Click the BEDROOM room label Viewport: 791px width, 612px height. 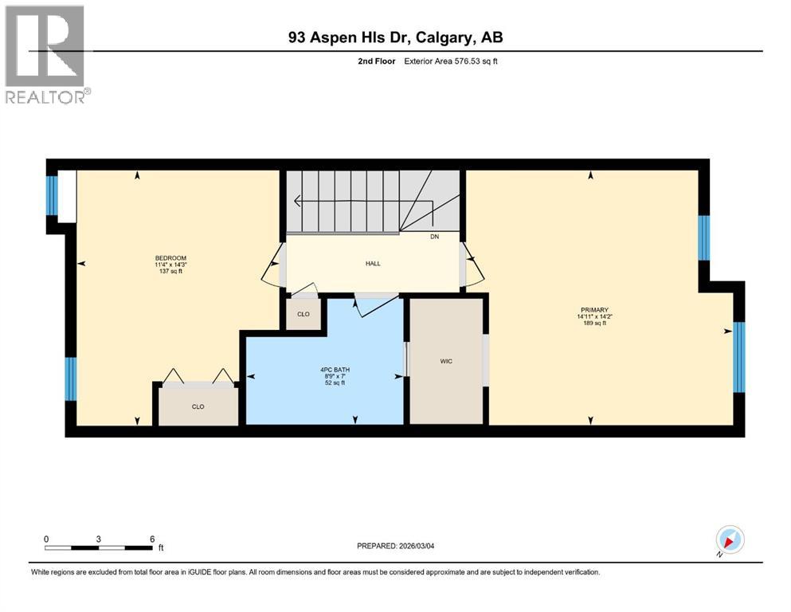point(170,257)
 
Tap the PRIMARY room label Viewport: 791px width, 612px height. point(593,309)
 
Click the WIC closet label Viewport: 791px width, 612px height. point(446,361)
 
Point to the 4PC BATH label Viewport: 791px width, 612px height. point(330,370)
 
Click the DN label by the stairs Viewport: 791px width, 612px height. point(433,237)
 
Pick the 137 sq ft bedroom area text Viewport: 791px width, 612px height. point(170,272)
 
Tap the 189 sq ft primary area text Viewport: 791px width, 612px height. point(593,324)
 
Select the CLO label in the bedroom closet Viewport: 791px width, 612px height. point(198,406)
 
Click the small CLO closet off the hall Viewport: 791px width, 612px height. point(303,314)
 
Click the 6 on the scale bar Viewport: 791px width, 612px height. point(152,538)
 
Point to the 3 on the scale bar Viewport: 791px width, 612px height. point(99,538)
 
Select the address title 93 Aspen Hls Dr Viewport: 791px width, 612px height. point(395,37)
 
